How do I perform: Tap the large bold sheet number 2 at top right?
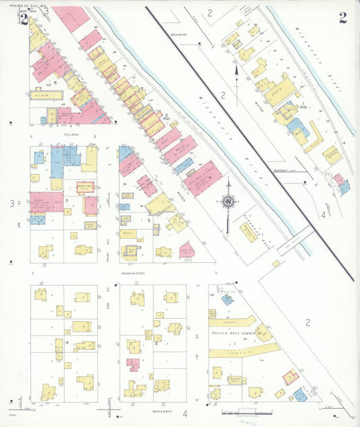click(x=343, y=18)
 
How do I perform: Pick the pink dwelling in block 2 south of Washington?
click(x=134, y=365)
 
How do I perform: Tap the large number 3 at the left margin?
click(x=11, y=203)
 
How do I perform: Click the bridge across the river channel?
click(x=294, y=238)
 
